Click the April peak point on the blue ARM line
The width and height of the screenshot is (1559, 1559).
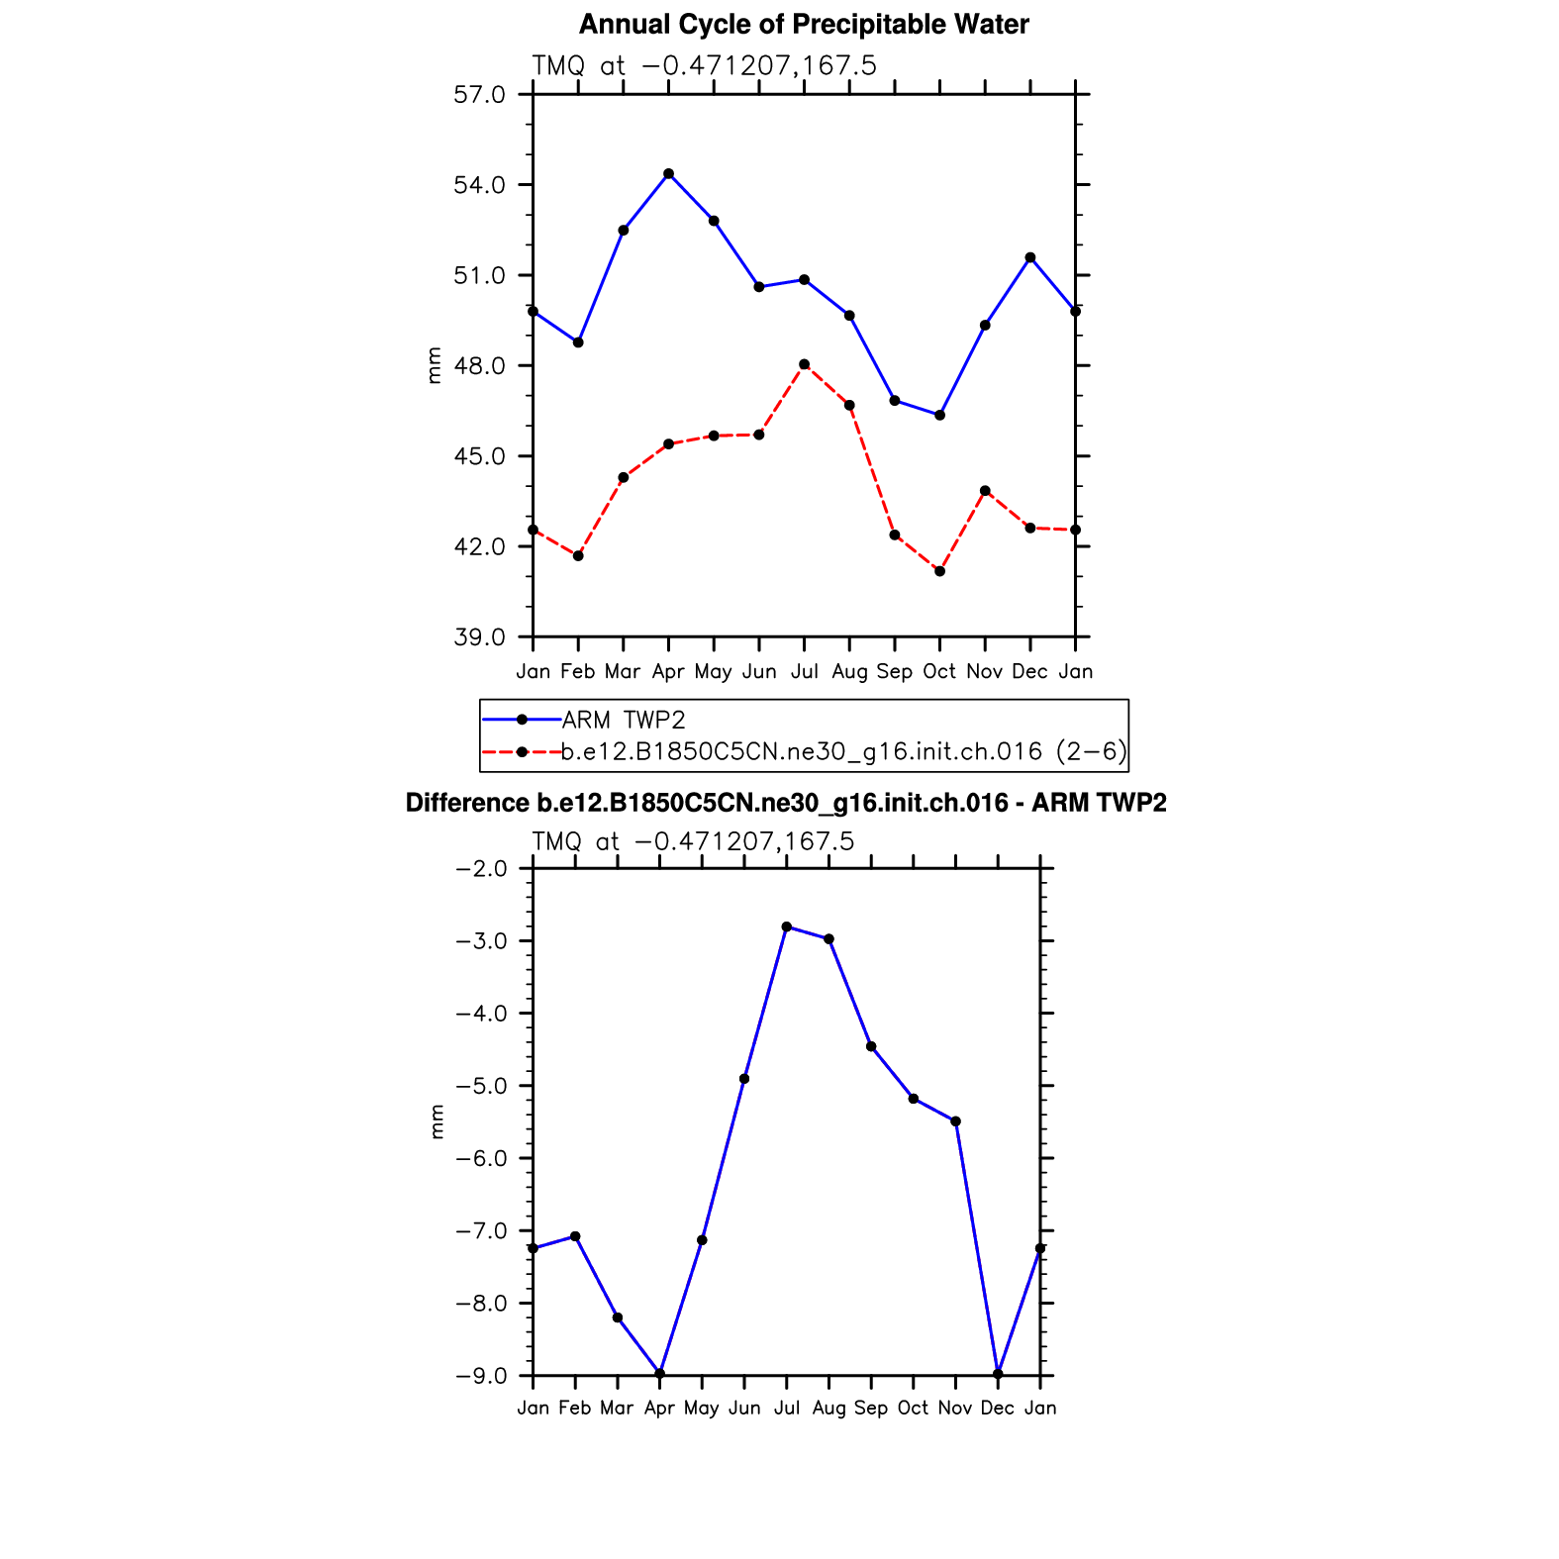668,174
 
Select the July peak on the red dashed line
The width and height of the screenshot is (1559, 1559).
804,364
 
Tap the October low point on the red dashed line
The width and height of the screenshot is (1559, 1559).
939,571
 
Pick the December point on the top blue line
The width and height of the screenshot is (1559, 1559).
1030,257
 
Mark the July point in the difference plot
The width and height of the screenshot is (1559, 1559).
786,926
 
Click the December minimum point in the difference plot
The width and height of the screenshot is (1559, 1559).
998,1374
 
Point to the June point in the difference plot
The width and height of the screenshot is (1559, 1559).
744,1079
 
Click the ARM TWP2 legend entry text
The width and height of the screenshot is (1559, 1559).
624,720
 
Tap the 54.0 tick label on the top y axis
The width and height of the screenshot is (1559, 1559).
479,185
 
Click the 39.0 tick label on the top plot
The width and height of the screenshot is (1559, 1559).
479,637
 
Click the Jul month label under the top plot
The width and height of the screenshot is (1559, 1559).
804,672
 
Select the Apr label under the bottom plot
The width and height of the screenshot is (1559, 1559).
659,1408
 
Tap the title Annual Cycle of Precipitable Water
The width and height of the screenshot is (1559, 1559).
804,25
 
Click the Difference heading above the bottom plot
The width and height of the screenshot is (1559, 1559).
786,803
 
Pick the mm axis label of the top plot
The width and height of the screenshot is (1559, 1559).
434,365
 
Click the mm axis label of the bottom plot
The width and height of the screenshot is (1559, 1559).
438,1121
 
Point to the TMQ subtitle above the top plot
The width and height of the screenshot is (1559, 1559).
704,66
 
